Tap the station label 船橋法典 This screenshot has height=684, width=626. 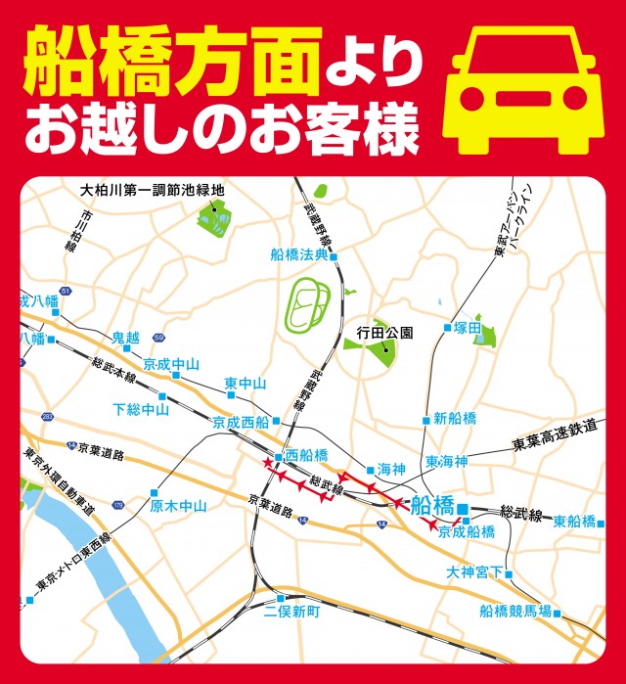pos(299,255)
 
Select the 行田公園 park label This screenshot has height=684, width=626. pos(384,333)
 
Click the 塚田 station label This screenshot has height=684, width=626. pos(468,329)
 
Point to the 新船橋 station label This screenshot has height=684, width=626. pos(455,419)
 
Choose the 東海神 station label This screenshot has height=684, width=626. pos(447,461)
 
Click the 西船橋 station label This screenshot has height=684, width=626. pos(306,456)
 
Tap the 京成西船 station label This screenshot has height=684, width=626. pos(240,423)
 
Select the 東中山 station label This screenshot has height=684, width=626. pos(245,383)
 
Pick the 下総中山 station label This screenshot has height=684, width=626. pos(141,409)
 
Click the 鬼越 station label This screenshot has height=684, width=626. pos(125,338)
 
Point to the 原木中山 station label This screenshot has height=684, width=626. pos(179,506)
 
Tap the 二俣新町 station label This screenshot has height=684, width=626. pos(292,613)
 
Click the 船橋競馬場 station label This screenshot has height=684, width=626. pos(515,612)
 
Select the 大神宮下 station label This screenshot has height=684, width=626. pos(473,571)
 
